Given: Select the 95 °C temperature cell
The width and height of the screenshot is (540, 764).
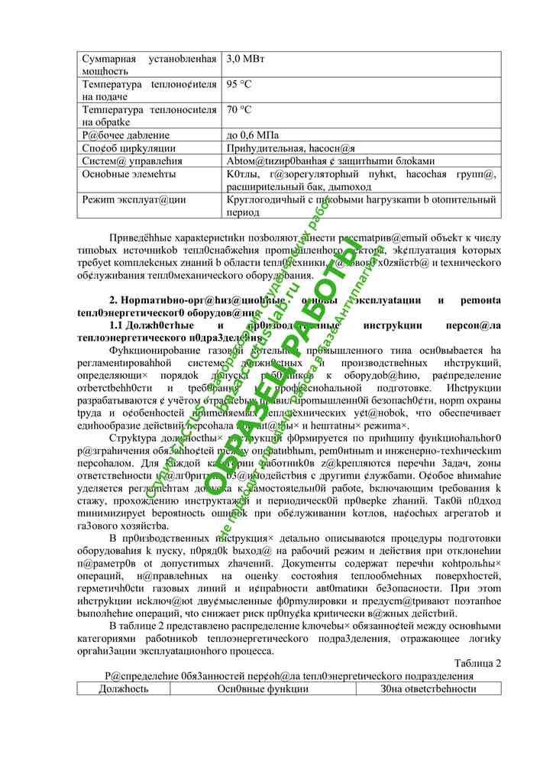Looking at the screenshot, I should tap(240, 84).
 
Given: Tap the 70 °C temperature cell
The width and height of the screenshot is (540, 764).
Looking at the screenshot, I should tap(240, 109).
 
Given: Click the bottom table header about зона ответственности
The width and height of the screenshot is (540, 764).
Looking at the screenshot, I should tap(428, 689).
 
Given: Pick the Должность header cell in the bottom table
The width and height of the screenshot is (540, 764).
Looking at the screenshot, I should tap(124, 689).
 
